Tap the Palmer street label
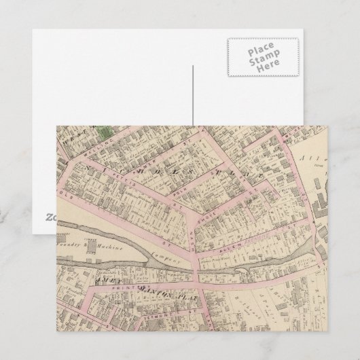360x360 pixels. click(x=163, y=160)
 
